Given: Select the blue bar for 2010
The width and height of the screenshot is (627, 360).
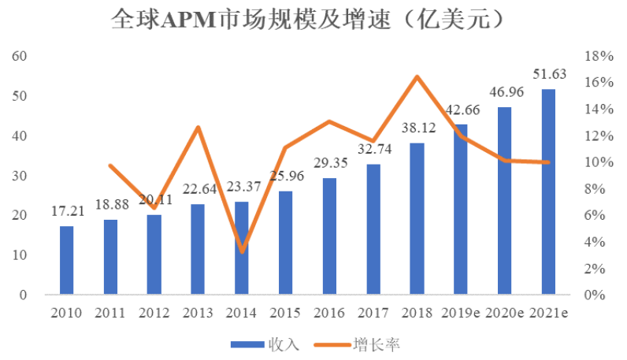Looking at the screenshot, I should tap(66, 261).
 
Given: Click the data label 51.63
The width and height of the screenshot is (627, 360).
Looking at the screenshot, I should tap(549, 76).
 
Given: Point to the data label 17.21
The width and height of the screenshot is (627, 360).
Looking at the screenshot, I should tap(66, 213).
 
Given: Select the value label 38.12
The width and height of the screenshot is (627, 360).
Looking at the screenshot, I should tap(417, 129).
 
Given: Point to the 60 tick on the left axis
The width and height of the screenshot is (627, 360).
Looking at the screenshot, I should tap(20, 57).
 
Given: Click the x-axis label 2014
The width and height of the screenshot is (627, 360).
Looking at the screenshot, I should tap(242, 314).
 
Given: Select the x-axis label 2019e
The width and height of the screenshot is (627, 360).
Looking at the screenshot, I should tap(462, 314).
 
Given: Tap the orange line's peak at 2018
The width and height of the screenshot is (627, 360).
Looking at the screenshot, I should tap(417, 76).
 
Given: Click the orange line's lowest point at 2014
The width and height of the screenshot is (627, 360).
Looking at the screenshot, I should tap(242, 252).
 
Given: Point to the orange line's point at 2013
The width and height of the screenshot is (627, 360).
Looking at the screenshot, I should tap(198, 128).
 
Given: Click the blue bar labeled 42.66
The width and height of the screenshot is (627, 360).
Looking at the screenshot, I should tap(462, 210).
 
